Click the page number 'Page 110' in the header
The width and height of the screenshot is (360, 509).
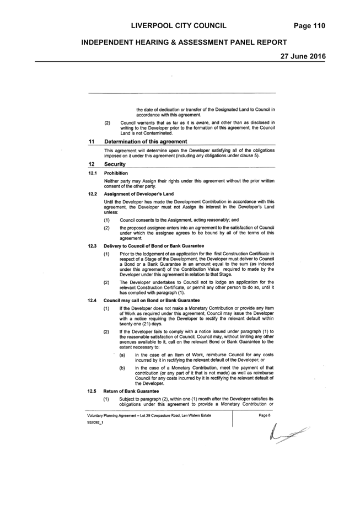[309, 26]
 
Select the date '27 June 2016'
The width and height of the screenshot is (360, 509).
[303, 56]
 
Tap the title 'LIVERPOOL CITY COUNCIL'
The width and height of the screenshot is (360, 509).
[179, 26]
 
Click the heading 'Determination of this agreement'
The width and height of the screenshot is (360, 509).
[146, 142]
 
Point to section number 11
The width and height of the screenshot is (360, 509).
[91, 142]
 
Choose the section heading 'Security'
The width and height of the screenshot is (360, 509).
[115, 164]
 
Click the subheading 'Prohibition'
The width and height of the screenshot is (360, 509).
[116, 173]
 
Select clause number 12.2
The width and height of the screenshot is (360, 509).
[93, 194]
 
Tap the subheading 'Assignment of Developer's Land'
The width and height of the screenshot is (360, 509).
[139, 194]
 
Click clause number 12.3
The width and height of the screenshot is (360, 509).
[92, 246]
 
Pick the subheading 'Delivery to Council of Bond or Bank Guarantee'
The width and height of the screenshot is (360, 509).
[154, 246]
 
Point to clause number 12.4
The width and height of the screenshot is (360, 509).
[92, 300]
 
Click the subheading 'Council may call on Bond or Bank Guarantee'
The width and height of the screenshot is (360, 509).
[152, 300]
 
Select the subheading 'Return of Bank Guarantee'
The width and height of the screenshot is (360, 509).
[131, 391]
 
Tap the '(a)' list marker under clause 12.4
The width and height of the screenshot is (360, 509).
[122, 355]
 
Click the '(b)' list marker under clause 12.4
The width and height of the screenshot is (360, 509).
[122, 368]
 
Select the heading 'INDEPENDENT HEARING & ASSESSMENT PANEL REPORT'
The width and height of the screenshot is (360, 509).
[184, 42]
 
